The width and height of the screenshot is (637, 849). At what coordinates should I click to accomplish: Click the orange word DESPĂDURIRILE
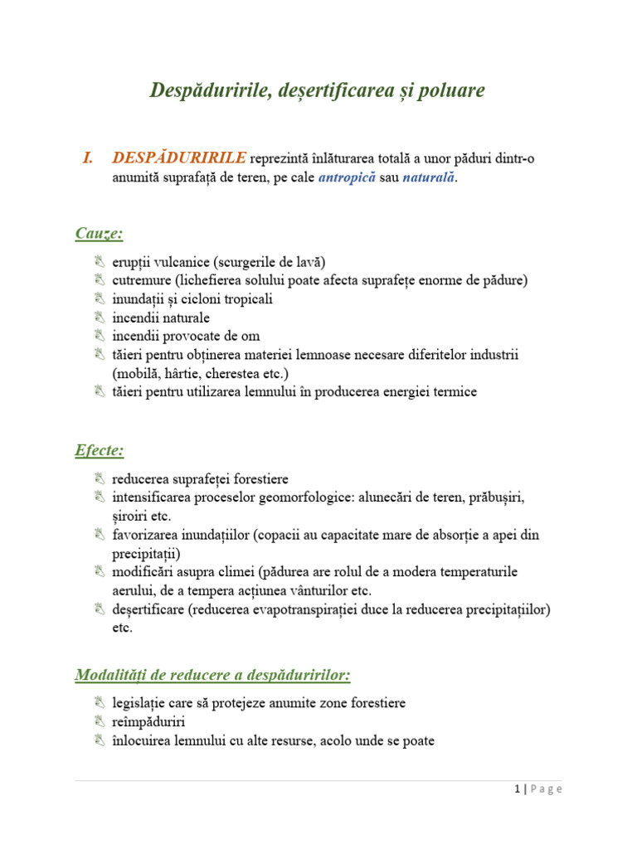pyautogui.click(x=179, y=158)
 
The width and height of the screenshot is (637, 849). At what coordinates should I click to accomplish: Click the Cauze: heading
pyautogui.click(x=99, y=233)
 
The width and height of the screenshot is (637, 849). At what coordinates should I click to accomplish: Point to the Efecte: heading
pyautogui.click(x=99, y=450)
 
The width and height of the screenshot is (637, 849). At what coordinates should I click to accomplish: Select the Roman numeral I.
pyautogui.click(x=87, y=158)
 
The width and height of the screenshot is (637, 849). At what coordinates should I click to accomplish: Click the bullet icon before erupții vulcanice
pyautogui.click(x=100, y=262)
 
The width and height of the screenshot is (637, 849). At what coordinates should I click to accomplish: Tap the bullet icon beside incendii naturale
pyautogui.click(x=100, y=318)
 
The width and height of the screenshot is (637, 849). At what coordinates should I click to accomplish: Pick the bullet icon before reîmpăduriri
pyautogui.click(x=100, y=721)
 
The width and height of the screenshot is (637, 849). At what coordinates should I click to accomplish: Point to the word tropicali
pyautogui.click(x=246, y=299)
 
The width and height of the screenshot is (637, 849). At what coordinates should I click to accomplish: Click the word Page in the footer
pyautogui.click(x=546, y=789)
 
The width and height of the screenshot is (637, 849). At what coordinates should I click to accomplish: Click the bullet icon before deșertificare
pyautogui.click(x=100, y=609)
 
